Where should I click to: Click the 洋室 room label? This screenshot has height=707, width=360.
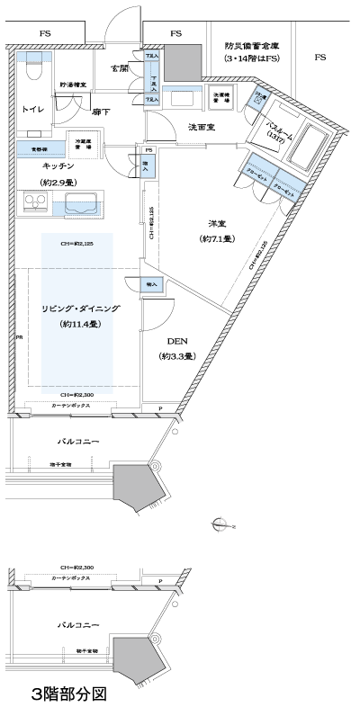pyautogui.click(x=216, y=224)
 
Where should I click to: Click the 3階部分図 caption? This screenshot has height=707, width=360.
pyautogui.click(x=67, y=694)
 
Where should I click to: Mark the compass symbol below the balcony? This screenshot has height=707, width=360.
pyautogui.click(x=218, y=521)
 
